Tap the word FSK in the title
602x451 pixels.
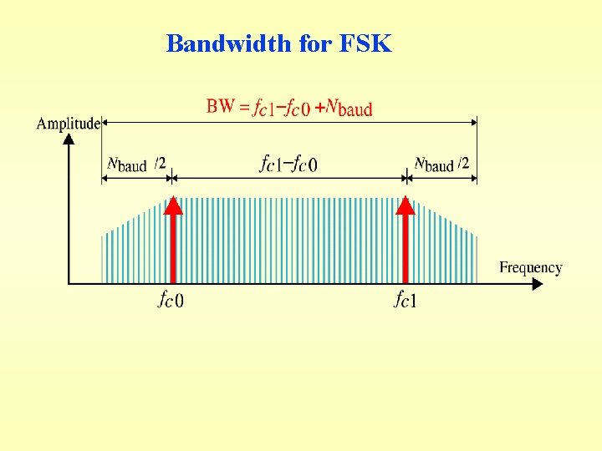point(365,43)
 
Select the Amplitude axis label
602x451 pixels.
point(68,124)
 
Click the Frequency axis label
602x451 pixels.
point(531,267)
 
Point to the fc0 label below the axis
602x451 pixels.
point(171,299)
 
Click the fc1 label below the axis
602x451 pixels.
point(405,299)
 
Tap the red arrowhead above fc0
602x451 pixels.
point(171,205)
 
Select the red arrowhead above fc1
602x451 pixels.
point(406,205)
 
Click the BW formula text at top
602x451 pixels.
point(289,106)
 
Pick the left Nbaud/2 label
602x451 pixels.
point(136,164)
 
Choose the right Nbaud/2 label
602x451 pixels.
point(441,164)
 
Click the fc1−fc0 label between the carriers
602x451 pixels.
point(288,163)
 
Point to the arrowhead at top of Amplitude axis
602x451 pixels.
point(69,139)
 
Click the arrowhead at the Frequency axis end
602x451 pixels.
point(537,284)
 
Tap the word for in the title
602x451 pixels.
point(315,43)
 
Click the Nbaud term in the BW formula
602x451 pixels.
point(349,107)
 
